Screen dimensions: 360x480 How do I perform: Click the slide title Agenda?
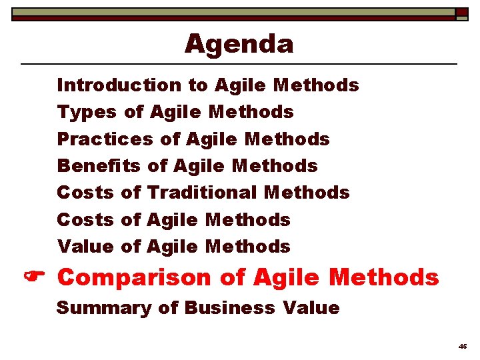(x=239, y=45)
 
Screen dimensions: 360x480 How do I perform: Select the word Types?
(x=86, y=113)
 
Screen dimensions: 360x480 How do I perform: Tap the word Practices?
(x=105, y=139)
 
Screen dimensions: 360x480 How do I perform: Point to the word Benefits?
(x=99, y=166)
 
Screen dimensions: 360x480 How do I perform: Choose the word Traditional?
(x=202, y=193)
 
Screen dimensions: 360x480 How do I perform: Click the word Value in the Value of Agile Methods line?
(x=85, y=247)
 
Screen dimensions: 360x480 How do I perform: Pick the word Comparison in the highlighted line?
(x=134, y=277)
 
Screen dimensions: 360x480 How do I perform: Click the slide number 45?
(x=463, y=347)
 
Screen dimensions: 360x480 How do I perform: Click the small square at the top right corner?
(x=462, y=13)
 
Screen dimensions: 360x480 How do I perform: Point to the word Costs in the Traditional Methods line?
(x=85, y=193)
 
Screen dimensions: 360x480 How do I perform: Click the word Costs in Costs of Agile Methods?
(x=85, y=220)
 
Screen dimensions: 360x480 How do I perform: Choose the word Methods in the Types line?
(x=251, y=113)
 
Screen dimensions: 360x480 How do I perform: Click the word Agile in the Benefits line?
(x=198, y=166)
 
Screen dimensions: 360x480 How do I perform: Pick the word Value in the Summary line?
(x=311, y=308)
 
